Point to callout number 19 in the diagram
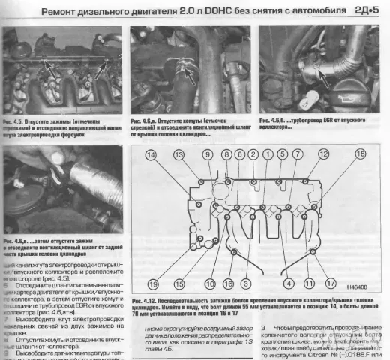click(152, 283)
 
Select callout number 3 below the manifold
click(245, 283)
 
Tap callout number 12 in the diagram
click(323, 154)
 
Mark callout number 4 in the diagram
click(288, 283)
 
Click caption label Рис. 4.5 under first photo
click(16, 119)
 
